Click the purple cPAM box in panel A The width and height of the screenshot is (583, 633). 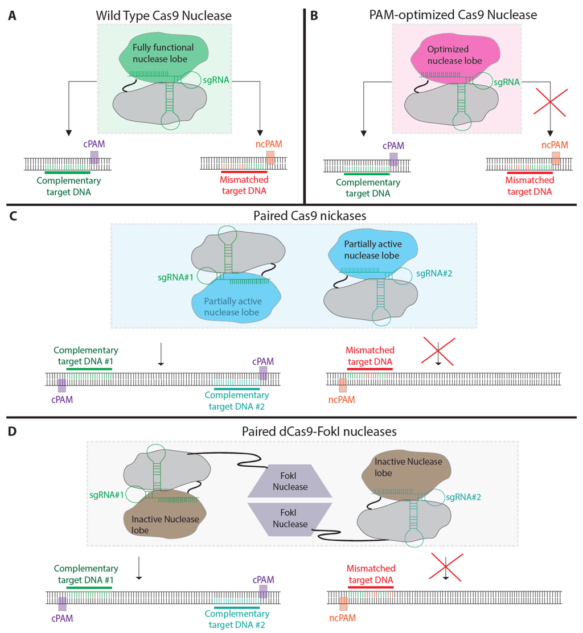94,157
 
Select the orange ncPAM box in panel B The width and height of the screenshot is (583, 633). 556,158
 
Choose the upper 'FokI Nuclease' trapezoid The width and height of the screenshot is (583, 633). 289,481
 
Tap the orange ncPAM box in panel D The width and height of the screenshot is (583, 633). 343,604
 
